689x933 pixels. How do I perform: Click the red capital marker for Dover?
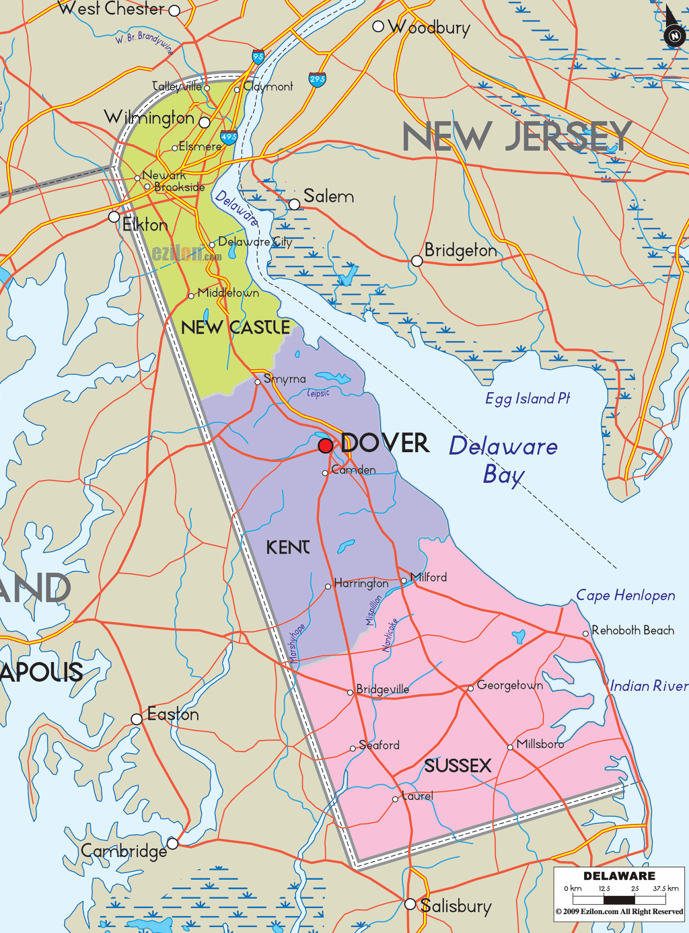pos(326,445)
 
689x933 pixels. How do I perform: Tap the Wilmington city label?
pos(149,118)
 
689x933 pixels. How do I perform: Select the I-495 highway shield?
pos(229,137)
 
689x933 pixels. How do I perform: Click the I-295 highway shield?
pos(318,79)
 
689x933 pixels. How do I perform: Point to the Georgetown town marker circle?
pos(471,688)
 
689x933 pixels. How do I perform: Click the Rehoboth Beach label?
pos(632,630)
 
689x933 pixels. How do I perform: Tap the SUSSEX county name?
pos(458,766)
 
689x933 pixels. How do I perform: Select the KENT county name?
pos(288,547)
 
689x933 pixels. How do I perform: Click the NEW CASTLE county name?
pos(235,328)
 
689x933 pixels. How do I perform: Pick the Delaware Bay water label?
pos(503,459)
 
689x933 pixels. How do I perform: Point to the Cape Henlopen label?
pos(626,595)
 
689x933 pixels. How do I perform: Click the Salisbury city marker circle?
pos(410,904)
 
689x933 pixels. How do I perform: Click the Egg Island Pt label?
pos(528,398)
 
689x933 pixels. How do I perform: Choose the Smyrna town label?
pos(285,379)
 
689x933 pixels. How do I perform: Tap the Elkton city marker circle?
pos(114,217)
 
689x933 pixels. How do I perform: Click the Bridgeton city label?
pos(461,250)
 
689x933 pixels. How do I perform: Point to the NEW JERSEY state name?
pos(517,137)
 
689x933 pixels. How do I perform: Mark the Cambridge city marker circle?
pos(173,843)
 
